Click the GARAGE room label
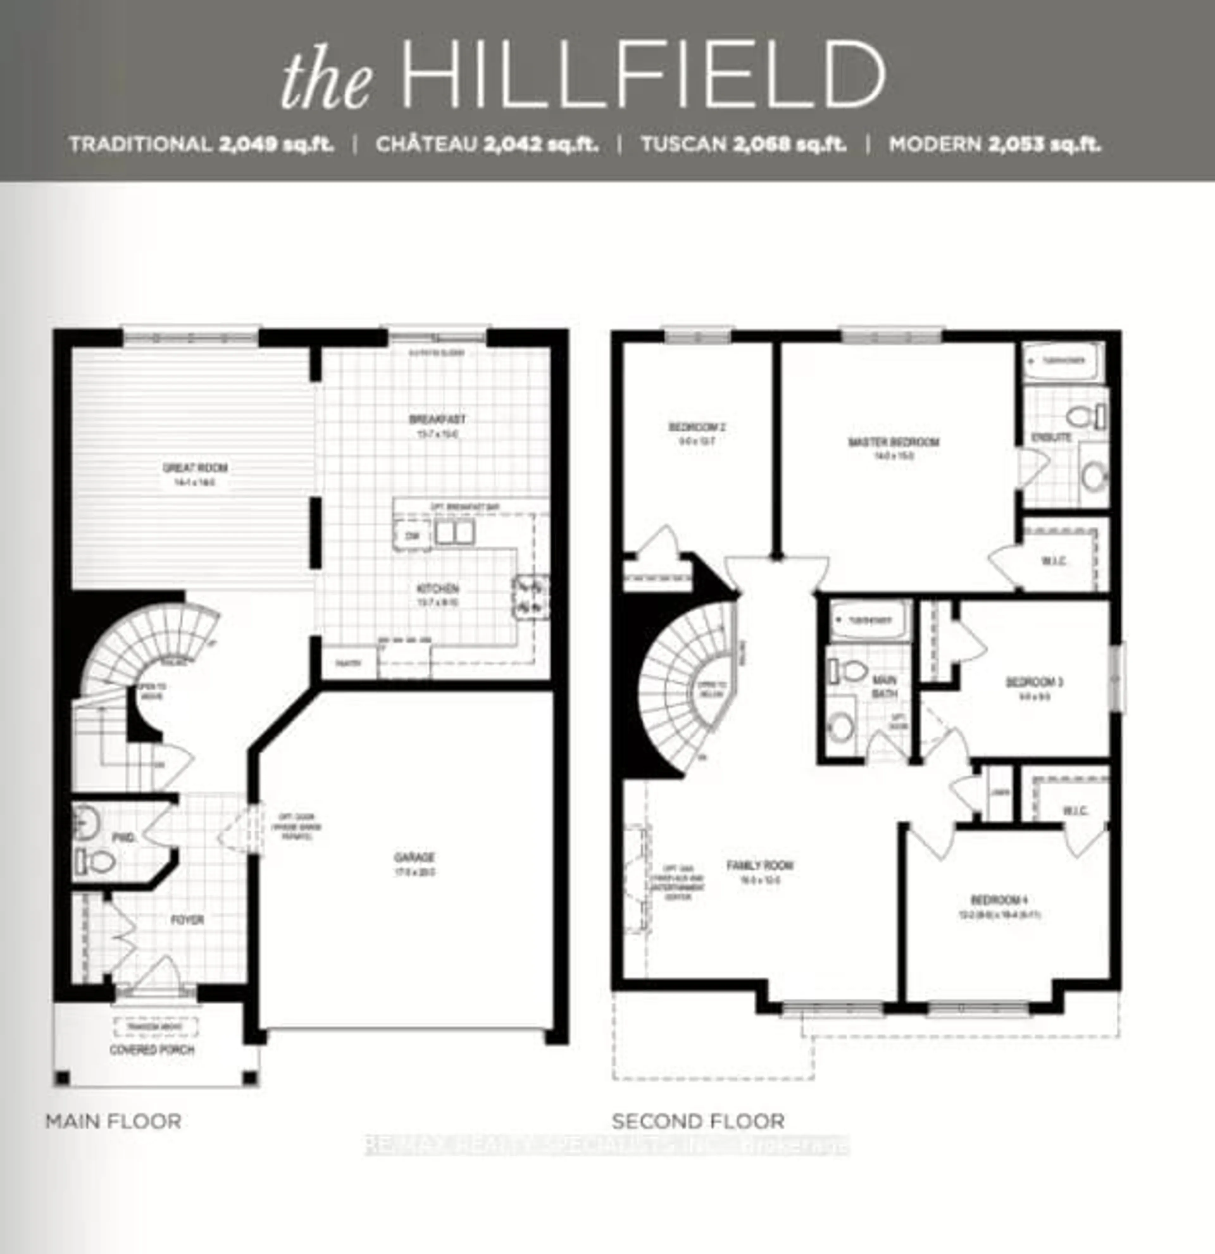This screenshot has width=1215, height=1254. [x=414, y=857]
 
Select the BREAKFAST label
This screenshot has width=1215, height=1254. [x=438, y=420]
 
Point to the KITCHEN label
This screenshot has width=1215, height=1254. [x=438, y=589]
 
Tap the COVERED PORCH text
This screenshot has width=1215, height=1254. [x=152, y=1050]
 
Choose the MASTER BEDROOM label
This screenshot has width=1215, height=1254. [x=893, y=442]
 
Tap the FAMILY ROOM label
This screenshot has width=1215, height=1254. [x=760, y=866]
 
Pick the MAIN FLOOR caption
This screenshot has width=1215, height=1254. [x=113, y=1121]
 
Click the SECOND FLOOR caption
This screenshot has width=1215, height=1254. [x=697, y=1121]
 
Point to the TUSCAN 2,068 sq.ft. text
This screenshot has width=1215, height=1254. [x=744, y=144]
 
